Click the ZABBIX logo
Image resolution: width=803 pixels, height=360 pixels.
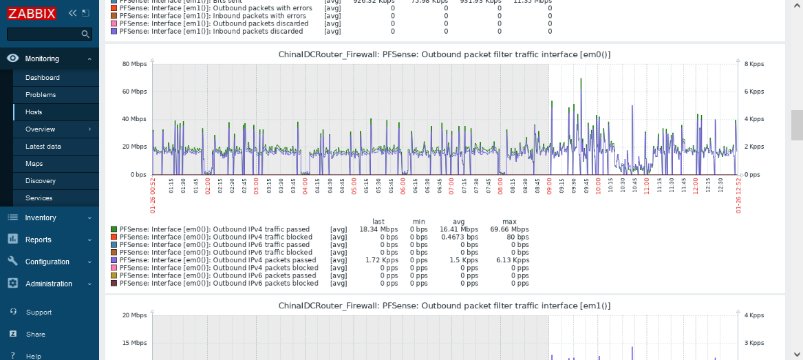31,13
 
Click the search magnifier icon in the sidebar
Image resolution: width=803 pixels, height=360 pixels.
85,34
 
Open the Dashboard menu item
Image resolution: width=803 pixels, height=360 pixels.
43,78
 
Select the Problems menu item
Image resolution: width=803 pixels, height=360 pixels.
41,95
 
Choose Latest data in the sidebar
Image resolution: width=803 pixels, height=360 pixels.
43,147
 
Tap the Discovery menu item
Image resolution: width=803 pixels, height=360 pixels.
41,181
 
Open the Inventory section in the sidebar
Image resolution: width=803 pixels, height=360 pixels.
41,218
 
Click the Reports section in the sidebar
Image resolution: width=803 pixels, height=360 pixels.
39,240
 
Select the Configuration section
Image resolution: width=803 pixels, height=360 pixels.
47,262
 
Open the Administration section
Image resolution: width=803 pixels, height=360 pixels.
49,284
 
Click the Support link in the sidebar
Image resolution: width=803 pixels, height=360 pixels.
39,313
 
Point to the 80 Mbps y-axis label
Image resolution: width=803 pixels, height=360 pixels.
136,64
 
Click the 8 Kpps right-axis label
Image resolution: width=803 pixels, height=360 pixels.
754,64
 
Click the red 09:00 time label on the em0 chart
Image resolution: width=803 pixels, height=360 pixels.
550,187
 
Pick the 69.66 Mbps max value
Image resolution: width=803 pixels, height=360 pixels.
510,229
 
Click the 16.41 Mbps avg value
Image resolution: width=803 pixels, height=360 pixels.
459,229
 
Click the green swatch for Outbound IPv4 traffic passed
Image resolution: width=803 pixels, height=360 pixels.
114,229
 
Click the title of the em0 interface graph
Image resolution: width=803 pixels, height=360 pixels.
445,54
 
